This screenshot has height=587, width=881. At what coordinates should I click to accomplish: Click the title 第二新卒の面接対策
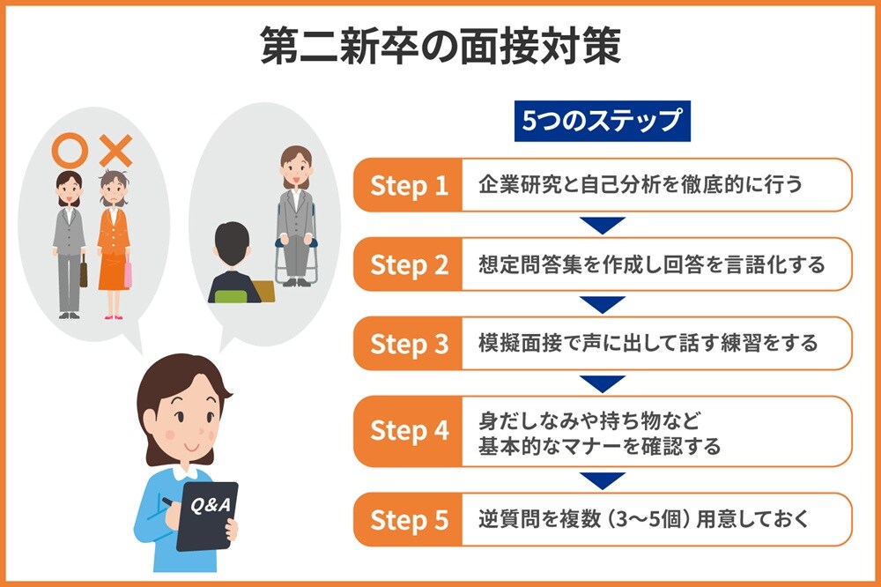[441, 46]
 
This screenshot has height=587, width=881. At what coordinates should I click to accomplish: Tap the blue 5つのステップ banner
[603, 121]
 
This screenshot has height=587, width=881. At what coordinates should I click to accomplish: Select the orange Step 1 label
[409, 185]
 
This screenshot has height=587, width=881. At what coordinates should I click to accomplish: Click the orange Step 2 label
[409, 264]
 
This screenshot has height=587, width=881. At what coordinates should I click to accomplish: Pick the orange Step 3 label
[409, 344]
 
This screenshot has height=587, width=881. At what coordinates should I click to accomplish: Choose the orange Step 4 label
[409, 431]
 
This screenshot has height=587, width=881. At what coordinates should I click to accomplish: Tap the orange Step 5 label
[409, 519]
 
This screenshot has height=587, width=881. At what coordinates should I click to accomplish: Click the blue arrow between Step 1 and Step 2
[603, 225]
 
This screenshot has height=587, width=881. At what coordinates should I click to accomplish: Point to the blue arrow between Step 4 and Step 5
[603, 480]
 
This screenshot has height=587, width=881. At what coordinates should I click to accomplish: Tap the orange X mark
[115, 151]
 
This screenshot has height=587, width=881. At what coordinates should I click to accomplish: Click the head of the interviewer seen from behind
[232, 246]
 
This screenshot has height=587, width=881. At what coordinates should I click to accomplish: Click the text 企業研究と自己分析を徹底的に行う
[640, 184]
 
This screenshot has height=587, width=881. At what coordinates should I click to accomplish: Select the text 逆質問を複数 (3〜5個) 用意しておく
[644, 519]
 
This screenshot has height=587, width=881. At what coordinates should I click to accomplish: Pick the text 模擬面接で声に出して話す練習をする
[648, 343]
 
